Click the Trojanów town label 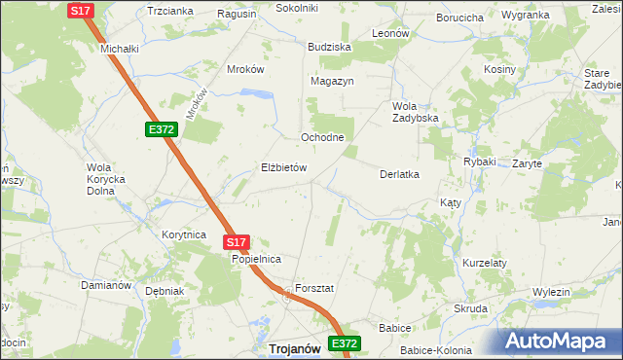coord(296,348)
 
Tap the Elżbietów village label coord(284,167)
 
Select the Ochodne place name coord(322,137)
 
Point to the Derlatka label coord(398,174)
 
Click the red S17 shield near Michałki coord(82,10)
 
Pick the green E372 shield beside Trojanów coord(345,343)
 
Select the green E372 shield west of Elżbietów coord(162,129)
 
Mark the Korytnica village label coord(184,234)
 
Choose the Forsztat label coord(314,289)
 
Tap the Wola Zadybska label coord(416,112)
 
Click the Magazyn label coord(332,81)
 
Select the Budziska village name coord(328,47)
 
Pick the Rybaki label coord(480,162)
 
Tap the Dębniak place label coord(164,291)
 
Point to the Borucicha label coord(460,18)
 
